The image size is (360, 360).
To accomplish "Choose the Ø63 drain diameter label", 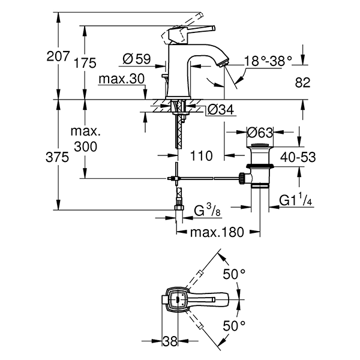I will pos(260,132).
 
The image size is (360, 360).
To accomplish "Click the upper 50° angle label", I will pos(235,274).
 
